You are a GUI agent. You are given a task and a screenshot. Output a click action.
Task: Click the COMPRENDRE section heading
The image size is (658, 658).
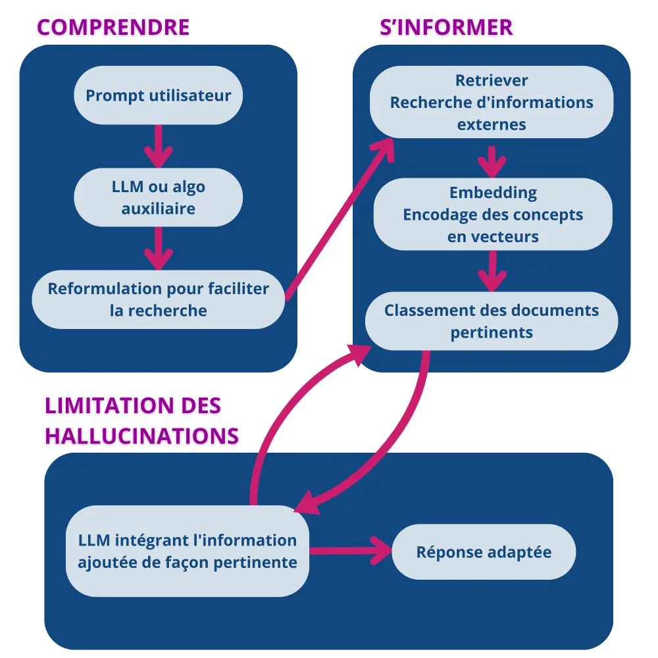coord(113,27)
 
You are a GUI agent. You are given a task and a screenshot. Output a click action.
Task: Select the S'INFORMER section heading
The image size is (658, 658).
coord(446,27)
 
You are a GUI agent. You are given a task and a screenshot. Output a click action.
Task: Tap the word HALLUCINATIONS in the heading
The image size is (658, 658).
coord(141,436)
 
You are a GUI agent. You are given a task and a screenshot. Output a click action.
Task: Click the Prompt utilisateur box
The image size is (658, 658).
coord(159,95)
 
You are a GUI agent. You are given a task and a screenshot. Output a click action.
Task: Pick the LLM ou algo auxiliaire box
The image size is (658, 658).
coord(159,197)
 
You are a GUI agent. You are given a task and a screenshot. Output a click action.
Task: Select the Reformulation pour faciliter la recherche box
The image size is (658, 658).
coord(159,299)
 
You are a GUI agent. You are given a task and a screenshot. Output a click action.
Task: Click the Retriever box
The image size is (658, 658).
coord(492,102)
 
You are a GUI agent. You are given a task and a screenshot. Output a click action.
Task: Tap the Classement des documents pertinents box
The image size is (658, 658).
coord(492,321)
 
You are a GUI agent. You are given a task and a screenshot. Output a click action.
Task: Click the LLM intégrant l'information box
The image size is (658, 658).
coord(188,551)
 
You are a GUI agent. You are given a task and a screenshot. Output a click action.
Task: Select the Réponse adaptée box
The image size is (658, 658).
coord(484,551)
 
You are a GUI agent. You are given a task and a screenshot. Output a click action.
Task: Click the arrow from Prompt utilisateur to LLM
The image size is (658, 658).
coord(158,146)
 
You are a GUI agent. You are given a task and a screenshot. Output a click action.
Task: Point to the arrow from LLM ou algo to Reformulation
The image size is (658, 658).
coord(158,248)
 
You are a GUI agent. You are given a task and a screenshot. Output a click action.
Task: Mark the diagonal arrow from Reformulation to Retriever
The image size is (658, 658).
coord(340,217)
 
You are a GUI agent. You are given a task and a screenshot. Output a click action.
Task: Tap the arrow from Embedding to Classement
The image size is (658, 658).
coord(492,270)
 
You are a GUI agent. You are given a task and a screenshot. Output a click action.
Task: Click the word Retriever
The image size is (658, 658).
coord(492,80)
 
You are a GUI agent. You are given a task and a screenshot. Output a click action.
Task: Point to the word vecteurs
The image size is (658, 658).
coord(493,237)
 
